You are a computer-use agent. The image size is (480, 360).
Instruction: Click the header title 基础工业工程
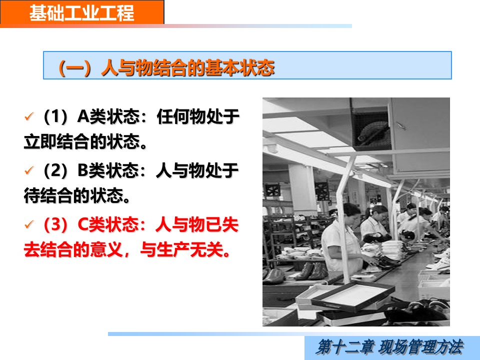pyautogui.click(x=81, y=13)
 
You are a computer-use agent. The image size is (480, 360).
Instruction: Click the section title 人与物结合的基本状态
pyautogui.click(x=187, y=67)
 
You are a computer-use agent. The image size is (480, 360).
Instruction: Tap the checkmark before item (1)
pyautogui.click(x=29, y=116)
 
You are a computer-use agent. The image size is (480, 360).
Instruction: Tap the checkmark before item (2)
pyautogui.click(x=29, y=170)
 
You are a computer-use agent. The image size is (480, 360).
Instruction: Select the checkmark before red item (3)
pyautogui.click(x=29, y=224)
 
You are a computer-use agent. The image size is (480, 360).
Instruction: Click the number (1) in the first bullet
pyautogui.click(x=56, y=116)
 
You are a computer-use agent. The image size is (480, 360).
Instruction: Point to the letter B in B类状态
pyautogui.click(x=82, y=170)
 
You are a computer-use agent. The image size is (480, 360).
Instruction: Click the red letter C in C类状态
pyautogui.click(x=83, y=224)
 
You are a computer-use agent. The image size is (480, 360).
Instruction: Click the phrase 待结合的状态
pyautogui.click(x=73, y=195)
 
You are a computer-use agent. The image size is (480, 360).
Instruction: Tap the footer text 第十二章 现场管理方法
pyautogui.click(x=389, y=347)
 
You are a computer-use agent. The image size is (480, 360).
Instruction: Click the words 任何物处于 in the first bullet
pyautogui.click(x=198, y=116)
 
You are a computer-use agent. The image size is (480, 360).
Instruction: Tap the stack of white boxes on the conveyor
pyautogui.click(x=392, y=250)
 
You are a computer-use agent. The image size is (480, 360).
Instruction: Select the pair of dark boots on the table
pyautogui.click(x=310, y=271)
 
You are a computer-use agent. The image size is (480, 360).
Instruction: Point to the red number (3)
pyautogui.click(x=56, y=224)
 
